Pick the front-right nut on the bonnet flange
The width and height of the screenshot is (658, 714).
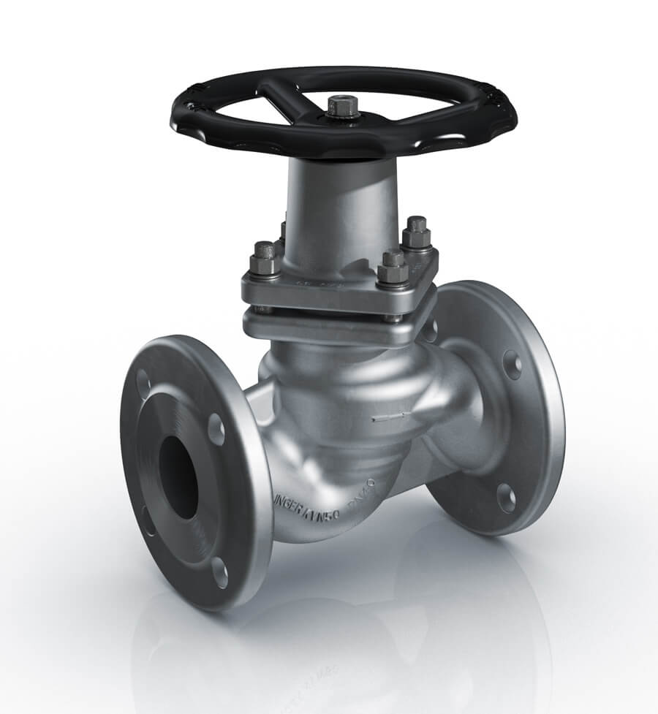393,270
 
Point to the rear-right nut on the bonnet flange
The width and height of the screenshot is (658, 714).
416,233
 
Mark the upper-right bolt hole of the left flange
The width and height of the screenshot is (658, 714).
216,429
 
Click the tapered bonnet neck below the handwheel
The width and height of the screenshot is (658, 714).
340,205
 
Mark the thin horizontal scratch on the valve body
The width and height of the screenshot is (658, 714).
388,419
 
